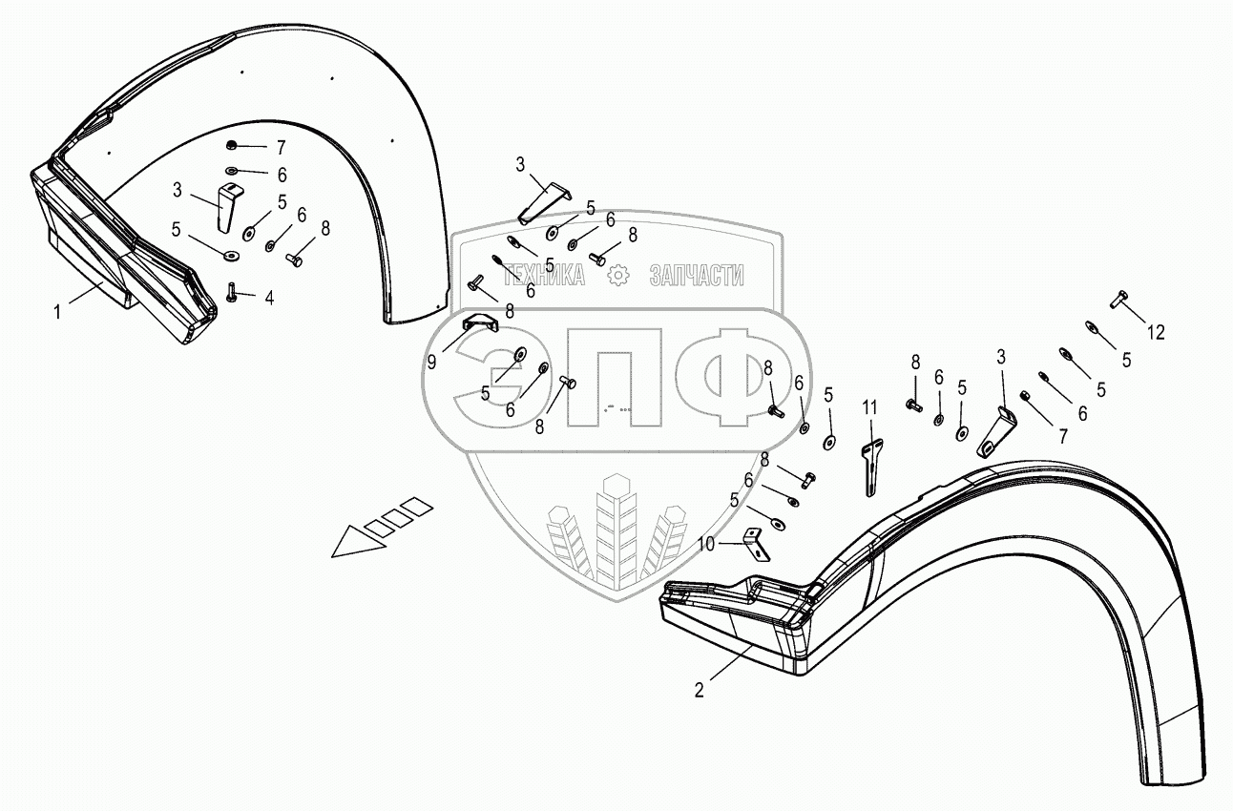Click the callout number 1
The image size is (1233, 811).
pos(57,311)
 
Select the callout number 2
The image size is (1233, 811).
pos(700,690)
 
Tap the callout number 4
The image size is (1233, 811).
pos(269,299)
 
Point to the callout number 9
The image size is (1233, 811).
pos(432,364)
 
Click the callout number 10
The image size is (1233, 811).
pos(706,543)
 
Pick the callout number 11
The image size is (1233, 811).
pos(869,406)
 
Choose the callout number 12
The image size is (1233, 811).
pos(1156,332)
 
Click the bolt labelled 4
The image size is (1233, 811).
pos(232,292)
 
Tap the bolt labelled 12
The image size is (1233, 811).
pos(1119,300)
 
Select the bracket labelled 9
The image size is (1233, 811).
pos(480,324)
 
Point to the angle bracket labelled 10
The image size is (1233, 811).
pos(755,546)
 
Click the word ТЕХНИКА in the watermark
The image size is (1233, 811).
pos(544,276)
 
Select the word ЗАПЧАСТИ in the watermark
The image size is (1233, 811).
pos(696,276)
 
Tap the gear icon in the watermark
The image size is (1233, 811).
pos(619,276)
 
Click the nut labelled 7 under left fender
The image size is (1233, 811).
pos(232,145)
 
